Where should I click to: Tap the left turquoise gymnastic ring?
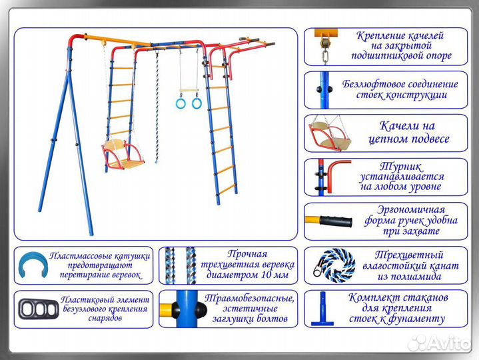pos(180,103)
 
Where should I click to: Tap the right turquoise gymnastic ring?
pos(197,103)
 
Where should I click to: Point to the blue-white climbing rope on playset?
pos(158,107)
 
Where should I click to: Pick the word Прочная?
pos(246,253)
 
